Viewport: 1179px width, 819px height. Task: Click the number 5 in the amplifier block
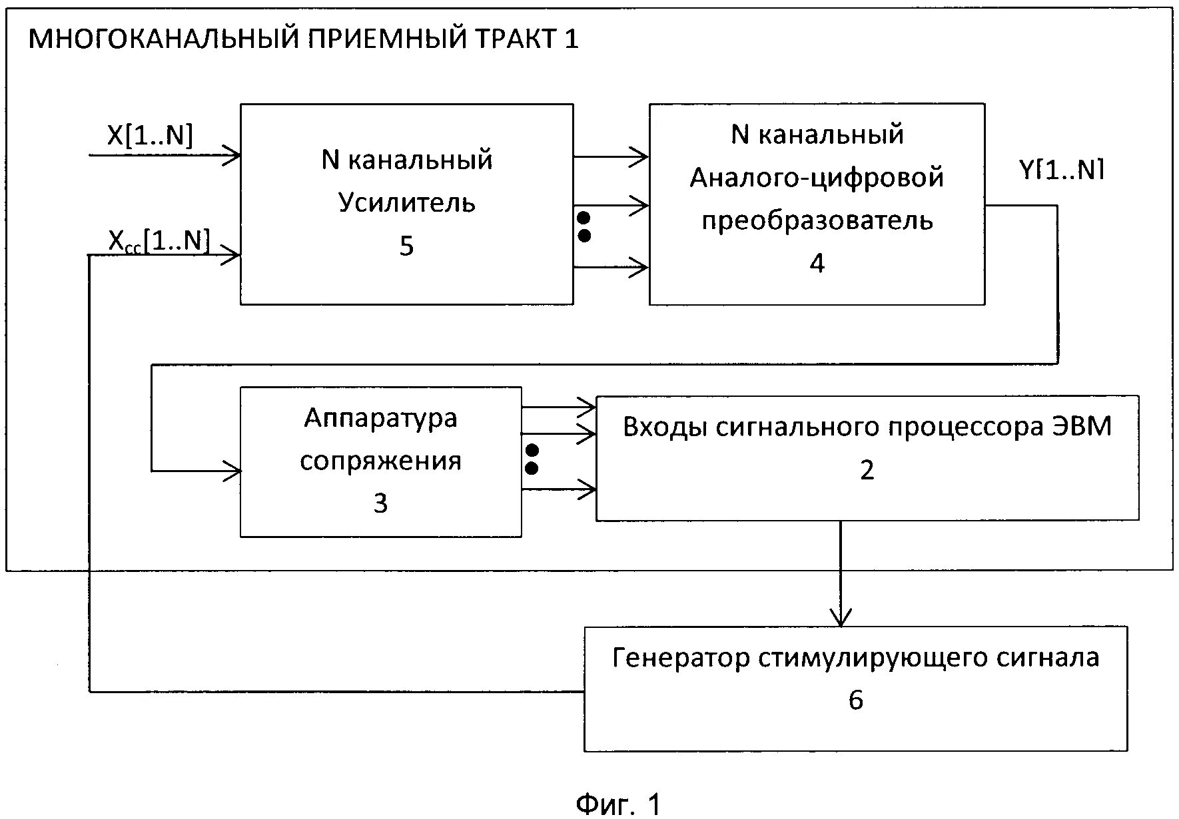point(406,246)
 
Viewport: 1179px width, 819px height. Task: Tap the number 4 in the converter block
point(817,263)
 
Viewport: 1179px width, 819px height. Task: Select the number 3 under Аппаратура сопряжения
point(380,503)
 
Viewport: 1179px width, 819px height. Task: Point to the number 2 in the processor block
point(867,470)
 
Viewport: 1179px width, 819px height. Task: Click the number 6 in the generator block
point(856,700)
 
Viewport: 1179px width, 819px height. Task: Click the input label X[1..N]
point(150,136)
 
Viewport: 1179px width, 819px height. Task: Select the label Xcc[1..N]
point(159,241)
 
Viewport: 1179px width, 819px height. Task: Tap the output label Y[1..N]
point(1062,170)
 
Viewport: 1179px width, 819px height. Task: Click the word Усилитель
point(406,202)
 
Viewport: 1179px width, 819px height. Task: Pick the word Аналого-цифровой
point(817,178)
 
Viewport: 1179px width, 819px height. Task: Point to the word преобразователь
point(817,220)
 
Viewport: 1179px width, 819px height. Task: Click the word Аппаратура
point(380,418)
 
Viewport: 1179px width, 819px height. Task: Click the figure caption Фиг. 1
point(618,804)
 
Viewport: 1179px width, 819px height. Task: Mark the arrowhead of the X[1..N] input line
point(233,156)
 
